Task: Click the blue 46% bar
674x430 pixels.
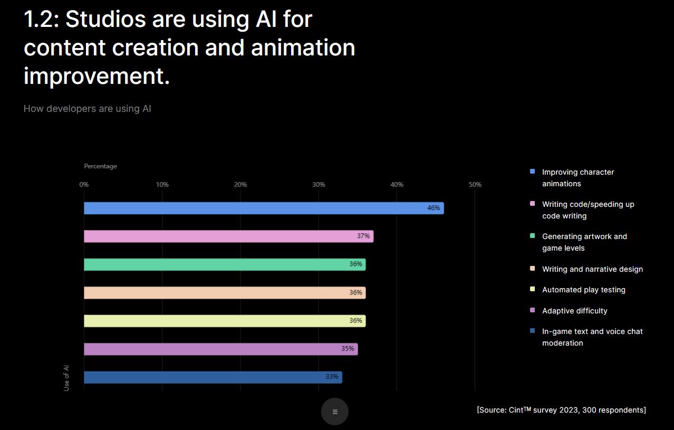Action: (264, 208)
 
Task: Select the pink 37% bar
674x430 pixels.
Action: (229, 236)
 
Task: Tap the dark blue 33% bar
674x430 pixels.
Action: (213, 377)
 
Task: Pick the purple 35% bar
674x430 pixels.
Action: (221, 349)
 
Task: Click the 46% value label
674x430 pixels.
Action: (434, 208)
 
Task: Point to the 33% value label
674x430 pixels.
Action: (332, 376)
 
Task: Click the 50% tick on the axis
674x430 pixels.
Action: (475, 185)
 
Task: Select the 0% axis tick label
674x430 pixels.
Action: (84, 185)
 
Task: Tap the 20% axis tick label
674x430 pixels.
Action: (240, 185)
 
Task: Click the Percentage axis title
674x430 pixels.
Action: (101, 166)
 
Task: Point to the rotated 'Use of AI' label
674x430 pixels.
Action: (66, 378)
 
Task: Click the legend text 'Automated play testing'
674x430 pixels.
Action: (584, 290)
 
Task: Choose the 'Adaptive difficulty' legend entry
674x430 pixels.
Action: (575, 311)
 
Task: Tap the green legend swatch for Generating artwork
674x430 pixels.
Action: (532, 236)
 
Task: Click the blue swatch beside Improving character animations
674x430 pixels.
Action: (532, 171)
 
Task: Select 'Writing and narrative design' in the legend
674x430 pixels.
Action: (592, 269)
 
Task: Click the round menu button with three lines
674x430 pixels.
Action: (334, 412)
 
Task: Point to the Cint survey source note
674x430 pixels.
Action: (562, 410)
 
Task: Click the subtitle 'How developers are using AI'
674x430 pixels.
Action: (87, 109)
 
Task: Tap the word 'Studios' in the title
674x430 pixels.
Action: (105, 20)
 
